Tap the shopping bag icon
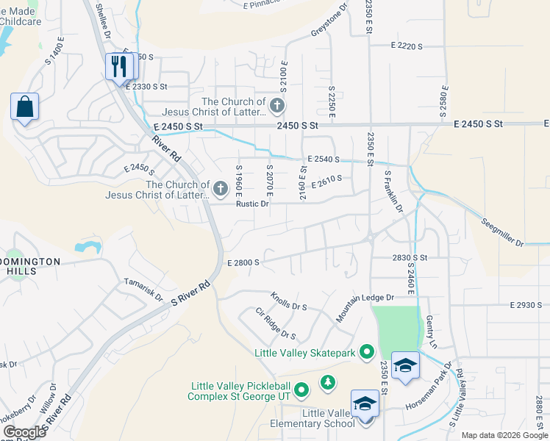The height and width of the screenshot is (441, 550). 24,107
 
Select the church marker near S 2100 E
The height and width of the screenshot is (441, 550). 276,106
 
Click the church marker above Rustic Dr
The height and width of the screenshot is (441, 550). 219,190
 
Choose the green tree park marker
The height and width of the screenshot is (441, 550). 327,382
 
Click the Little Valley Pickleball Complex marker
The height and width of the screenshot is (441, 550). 301,388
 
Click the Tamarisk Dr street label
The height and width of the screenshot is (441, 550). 143,289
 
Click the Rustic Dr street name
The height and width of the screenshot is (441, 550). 252,204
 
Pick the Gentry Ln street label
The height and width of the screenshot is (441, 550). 432,332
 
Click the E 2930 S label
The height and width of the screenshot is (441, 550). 525,304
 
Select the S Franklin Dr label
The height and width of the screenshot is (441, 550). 394,192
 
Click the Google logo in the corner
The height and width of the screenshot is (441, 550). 24,431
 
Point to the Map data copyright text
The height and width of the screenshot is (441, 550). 504,435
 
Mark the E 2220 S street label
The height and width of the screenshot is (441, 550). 407,46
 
